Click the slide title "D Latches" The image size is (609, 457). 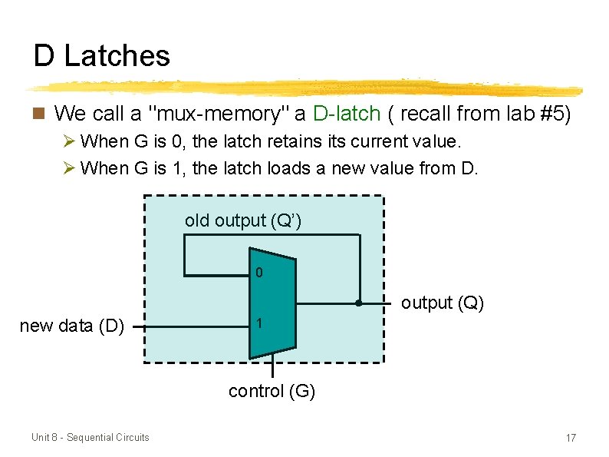101,55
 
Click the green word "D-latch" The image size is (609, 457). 347,114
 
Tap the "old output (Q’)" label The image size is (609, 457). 242,220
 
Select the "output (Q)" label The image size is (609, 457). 442,303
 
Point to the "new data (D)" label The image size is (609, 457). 71,326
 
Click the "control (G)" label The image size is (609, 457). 272,391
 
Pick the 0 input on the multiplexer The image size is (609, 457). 259,273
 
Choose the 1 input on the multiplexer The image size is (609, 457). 259,325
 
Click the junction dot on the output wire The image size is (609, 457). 359,303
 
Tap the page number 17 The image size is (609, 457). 570,438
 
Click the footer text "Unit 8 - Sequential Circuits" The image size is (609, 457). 91,437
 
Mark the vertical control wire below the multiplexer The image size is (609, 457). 272,369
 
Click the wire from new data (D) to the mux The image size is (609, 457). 192,326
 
